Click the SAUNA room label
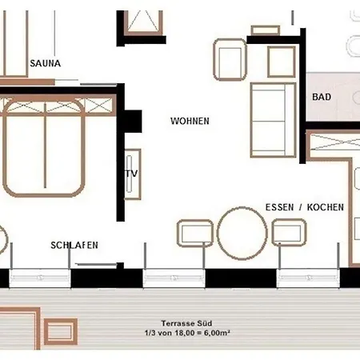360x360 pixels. (x=46, y=63)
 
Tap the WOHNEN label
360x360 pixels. (x=190, y=121)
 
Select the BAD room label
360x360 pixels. (x=322, y=97)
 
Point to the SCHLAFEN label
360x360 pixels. (x=74, y=246)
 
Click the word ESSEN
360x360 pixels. (x=279, y=207)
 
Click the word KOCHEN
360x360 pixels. (x=326, y=207)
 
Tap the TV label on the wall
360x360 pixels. (x=132, y=174)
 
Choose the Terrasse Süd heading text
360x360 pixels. (x=186, y=323)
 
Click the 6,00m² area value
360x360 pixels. (x=217, y=333)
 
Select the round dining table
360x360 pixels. (x=242, y=234)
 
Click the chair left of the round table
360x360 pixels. (x=195, y=234)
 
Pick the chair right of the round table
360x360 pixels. (x=289, y=233)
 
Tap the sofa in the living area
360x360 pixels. (x=274, y=120)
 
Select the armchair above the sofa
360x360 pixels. (x=230, y=59)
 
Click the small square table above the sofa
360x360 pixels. (x=282, y=62)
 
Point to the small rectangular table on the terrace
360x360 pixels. (x=61, y=331)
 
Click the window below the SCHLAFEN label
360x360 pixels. (x=40, y=278)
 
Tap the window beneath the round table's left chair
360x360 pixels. (x=174, y=278)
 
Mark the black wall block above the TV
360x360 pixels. (x=133, y=122)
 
